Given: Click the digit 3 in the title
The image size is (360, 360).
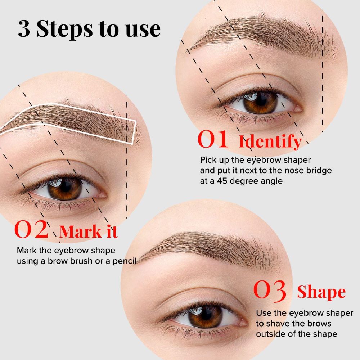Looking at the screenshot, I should point(24,29).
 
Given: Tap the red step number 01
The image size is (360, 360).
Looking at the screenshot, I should point(213,140).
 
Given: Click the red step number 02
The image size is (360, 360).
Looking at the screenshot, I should point(31,230).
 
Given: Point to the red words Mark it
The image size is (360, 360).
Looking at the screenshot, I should point(89,231).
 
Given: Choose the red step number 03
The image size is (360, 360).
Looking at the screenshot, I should point(270,291).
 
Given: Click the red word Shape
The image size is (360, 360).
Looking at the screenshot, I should point(321,292).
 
